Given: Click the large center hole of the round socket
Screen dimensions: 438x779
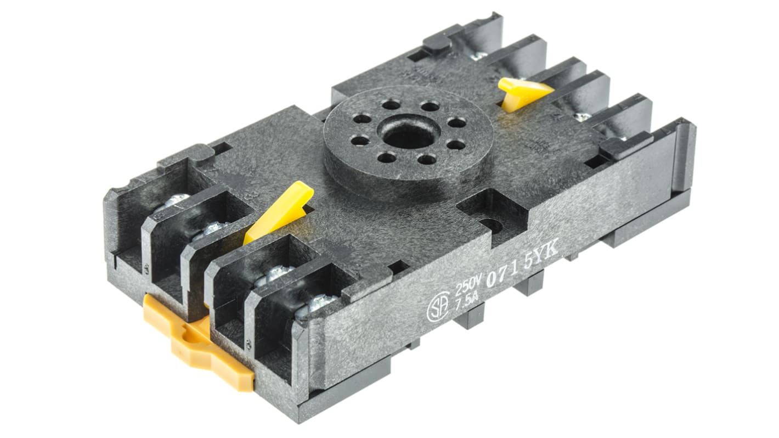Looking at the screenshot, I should tap(410, 133).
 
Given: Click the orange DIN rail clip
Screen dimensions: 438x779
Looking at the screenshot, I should tap(197, 343).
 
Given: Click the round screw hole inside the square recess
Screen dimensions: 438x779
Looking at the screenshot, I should tap(490, 224).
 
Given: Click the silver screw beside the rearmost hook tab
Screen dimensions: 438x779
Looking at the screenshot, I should tap(478, 55).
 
